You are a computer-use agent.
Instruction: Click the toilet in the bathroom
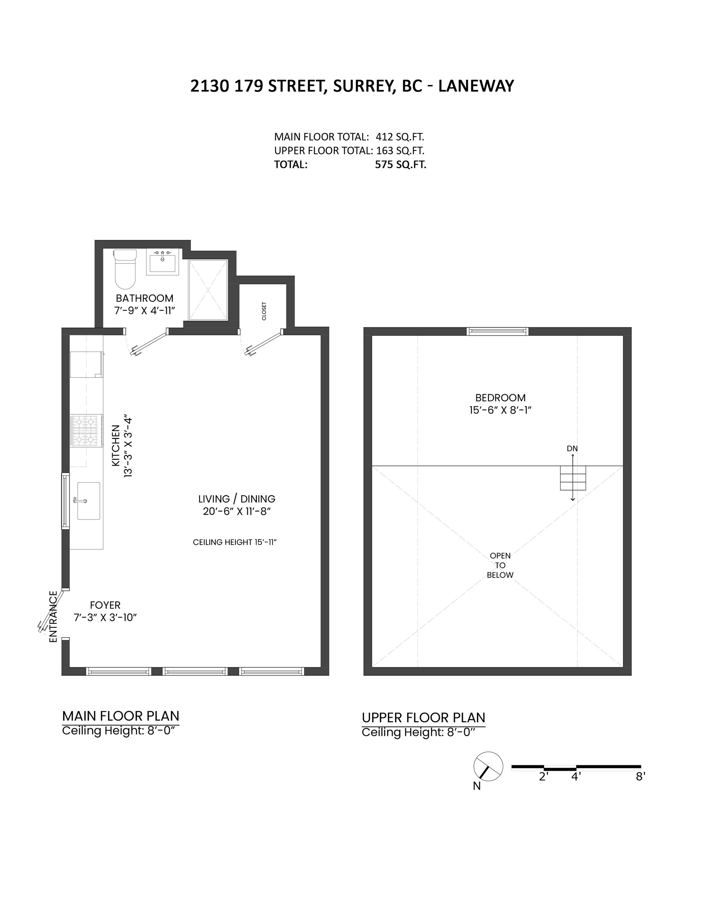pos(125,269)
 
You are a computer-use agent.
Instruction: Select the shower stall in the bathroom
pos(208,290)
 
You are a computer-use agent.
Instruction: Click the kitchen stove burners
pos(86,431)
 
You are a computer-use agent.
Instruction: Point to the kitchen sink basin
pos(88,501)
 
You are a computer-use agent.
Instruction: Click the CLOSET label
pos(264,311)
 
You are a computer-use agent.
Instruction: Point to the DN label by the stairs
pos(572,448)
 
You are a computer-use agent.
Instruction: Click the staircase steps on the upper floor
pos(573,478)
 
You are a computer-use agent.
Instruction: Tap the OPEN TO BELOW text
pos(500,566)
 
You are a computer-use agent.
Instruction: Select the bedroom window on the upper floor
pos(497,331)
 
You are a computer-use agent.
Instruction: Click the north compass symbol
pos(488,767)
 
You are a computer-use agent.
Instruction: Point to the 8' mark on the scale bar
pos(641,777)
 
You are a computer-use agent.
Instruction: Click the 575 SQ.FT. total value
pos(400,165)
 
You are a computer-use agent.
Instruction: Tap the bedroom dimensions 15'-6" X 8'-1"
pos(500,410)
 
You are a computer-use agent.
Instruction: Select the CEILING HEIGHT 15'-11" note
pos(235,542)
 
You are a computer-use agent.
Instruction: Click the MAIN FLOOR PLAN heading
pos(121,716)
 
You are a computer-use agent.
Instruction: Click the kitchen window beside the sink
pos(66,501)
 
